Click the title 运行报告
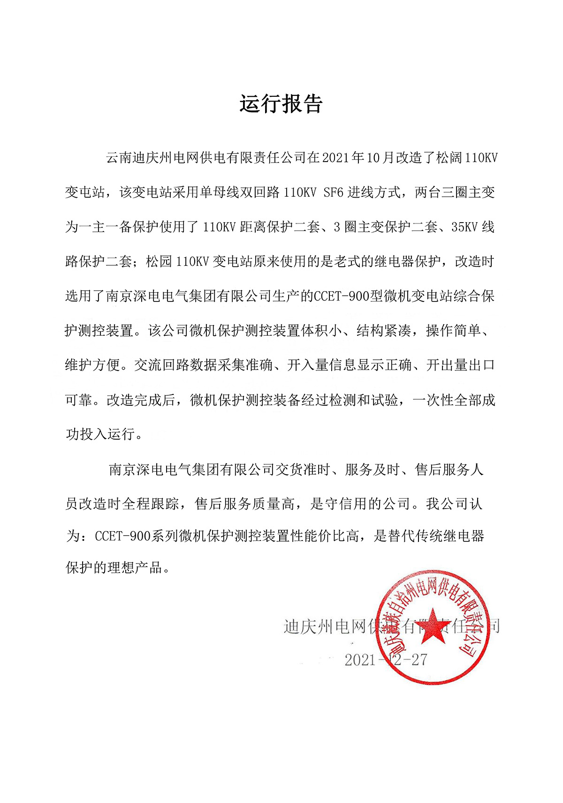(281, 104)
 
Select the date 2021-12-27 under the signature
(386, 660)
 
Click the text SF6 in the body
(334, 193)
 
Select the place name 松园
(160, 262)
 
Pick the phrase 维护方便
(93, 365)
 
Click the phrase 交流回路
(162, 365)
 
